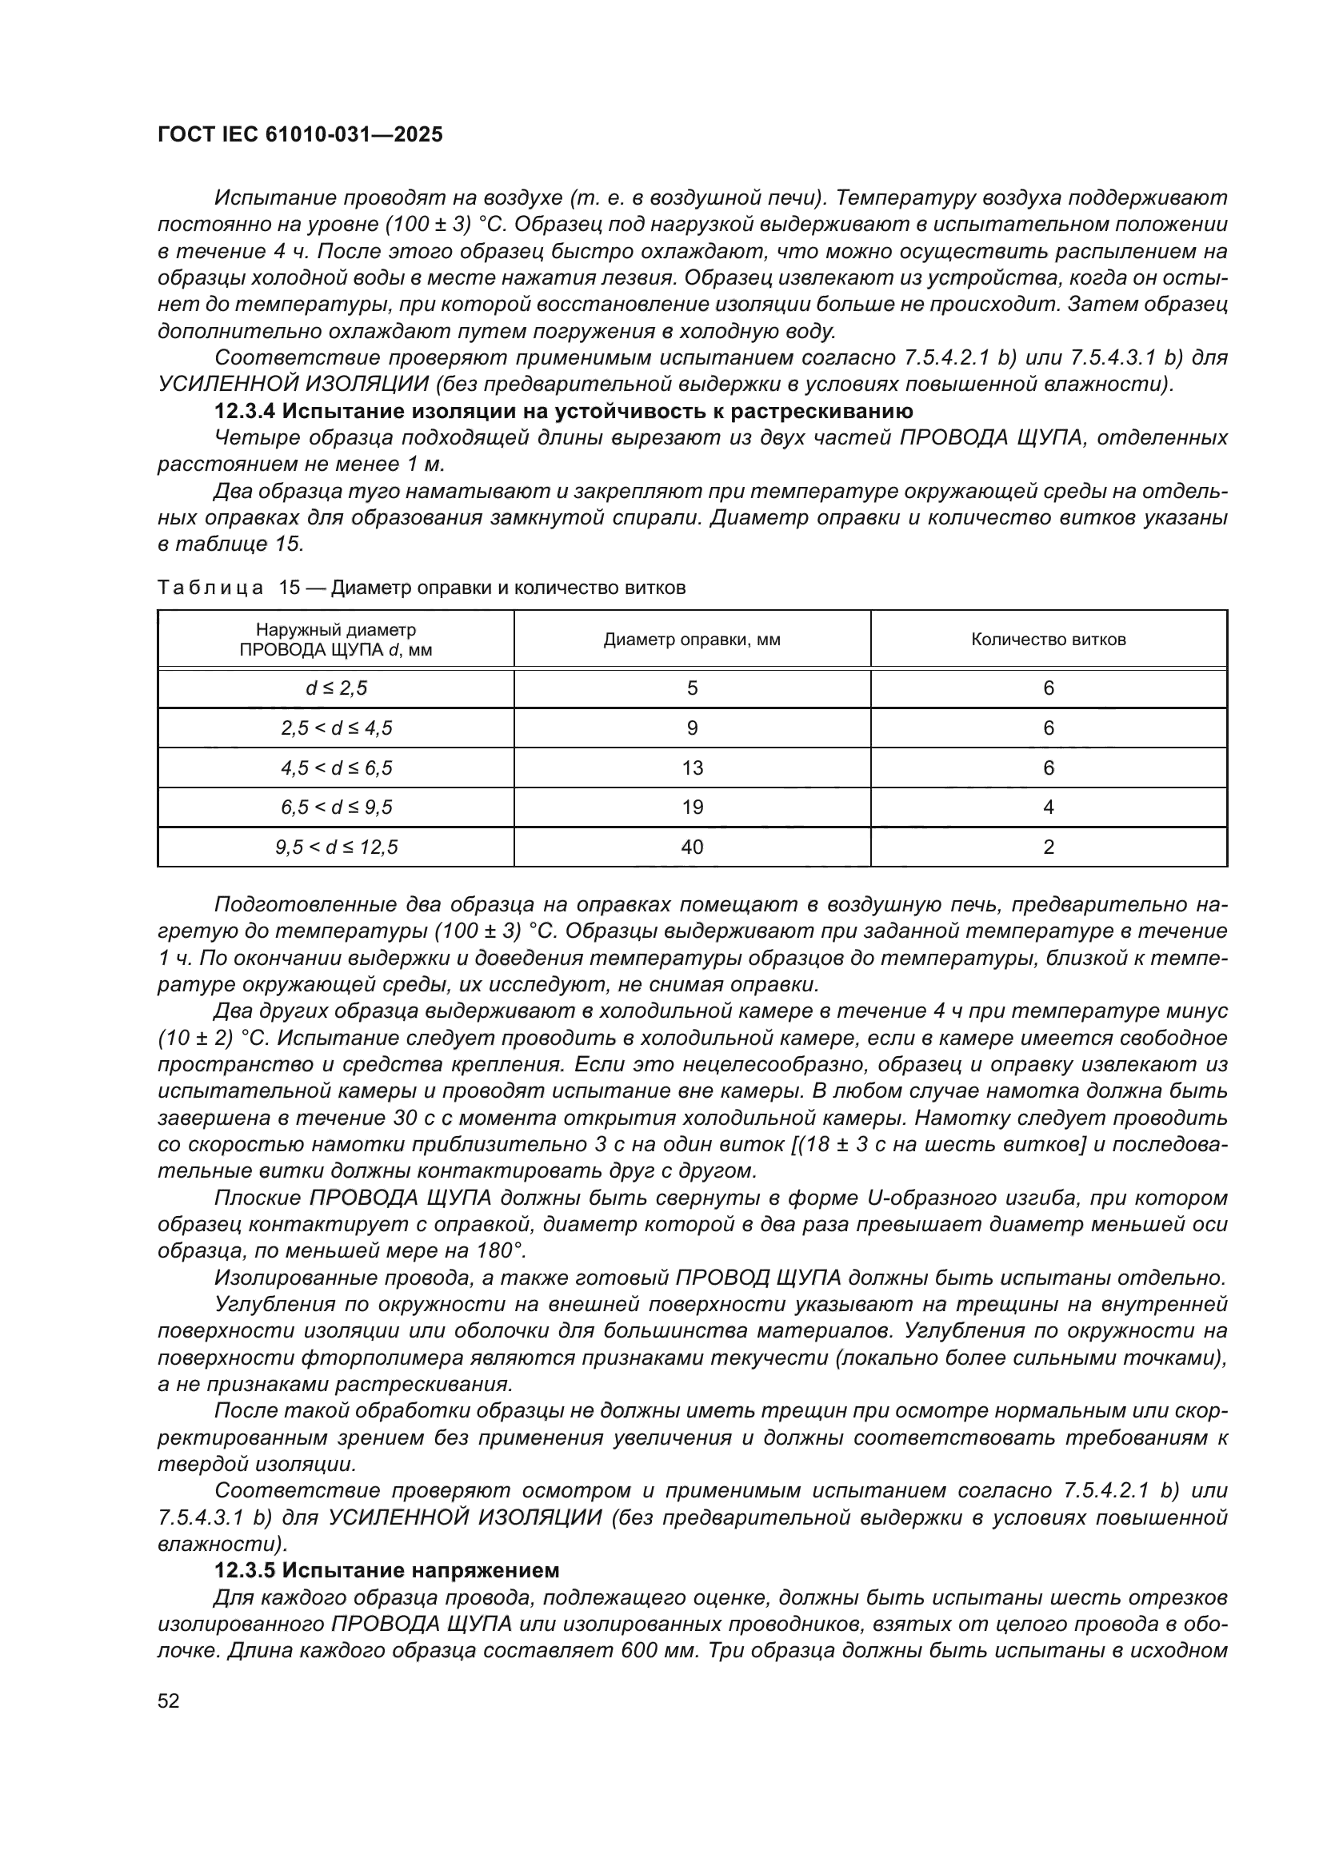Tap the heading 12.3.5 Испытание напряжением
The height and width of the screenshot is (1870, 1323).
pyautogui.click(x=387, y=1569)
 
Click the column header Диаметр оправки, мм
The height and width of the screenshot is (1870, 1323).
pyautogui.click(x=692, y=640)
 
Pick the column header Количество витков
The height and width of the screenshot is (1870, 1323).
pyautogui.click(x=1048, y=640)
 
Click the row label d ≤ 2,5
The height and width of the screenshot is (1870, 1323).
pyautogui.click(x=337, y=688)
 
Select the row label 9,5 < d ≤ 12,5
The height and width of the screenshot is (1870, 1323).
pyautogui.click(x=337, y=847)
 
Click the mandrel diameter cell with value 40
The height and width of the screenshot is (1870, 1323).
pyautogui.click(x=692, y=847)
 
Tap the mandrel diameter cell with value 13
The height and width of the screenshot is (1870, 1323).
pyautogui.click(x=692, y=768)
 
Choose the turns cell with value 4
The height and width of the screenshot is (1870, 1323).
pyautogui.click(x=1049, y=807)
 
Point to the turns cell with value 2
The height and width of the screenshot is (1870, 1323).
pyautogui.click(x=1049, y=847)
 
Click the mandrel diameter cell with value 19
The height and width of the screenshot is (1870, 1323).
pyautogui.click(x=692, y=807)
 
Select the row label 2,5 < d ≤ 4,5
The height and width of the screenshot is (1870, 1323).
pyautogui.click(x=337, y=728)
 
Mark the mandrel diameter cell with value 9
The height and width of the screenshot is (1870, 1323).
pyautogui.click(x=692, y=728)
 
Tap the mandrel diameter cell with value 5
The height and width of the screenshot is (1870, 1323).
pyautogui.click(x=692, y=688)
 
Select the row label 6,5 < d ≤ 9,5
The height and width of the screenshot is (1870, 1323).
pyautogui.click(x=337, y=807)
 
